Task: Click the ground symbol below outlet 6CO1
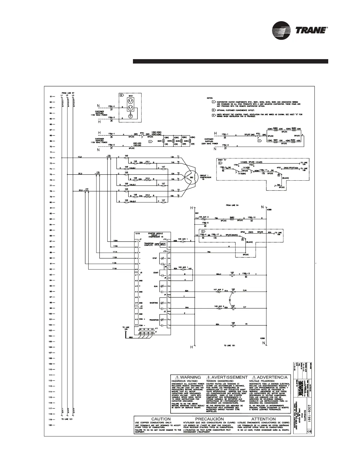point(130,116)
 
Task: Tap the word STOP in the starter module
point(155,258)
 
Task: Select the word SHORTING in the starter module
point(154,303)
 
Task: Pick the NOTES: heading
point(210,98)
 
